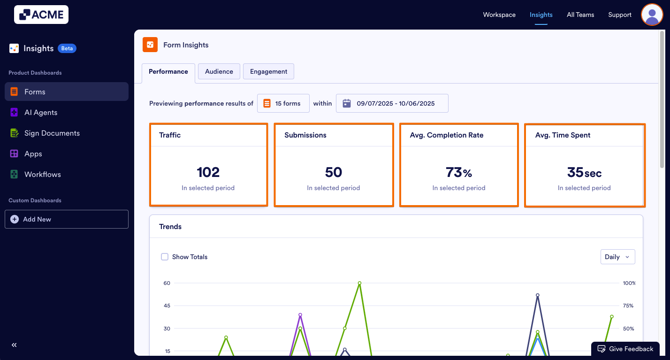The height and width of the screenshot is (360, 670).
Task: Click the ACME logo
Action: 41,15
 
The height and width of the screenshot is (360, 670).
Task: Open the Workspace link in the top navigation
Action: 499,15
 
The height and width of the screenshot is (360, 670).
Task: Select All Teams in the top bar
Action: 580,15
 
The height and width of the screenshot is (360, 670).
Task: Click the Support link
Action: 620,15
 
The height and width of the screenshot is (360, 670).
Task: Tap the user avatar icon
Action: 652,15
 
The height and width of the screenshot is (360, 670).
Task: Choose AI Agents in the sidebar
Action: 41,113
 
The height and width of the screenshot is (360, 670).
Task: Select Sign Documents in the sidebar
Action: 52,133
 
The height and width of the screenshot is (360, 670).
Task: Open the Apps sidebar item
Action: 33,154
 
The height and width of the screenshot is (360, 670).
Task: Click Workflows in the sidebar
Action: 42,175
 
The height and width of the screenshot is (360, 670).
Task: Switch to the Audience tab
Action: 219,71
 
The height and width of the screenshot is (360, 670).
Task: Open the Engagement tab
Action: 268,71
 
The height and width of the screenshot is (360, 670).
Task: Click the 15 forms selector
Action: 283,103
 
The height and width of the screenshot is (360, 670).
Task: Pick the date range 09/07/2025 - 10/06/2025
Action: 392,103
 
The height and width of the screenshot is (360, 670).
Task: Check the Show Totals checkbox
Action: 165,257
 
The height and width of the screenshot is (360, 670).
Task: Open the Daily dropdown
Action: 617,257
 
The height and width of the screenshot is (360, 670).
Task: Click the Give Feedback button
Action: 625,349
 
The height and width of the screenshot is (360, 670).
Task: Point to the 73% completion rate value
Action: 458,173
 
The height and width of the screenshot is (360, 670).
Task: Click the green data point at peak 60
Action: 359,283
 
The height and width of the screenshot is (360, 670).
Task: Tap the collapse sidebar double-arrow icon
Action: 14,345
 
